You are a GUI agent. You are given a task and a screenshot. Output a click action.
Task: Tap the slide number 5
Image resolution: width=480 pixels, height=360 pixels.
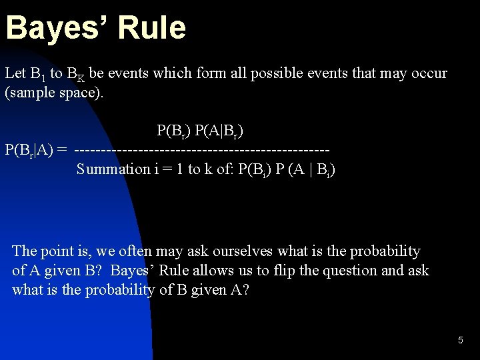pyautogui.click(x=460, y=341)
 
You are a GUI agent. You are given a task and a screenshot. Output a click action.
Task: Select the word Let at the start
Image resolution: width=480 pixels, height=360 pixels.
pyautogui.click(x=14, y=73)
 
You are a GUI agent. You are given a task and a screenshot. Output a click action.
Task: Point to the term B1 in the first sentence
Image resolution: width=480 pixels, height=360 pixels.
pyautogui.click(x=36, y=74)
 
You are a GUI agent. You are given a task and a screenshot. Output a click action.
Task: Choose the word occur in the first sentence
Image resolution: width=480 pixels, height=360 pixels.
pyautogui.click(x=429, y=73)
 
